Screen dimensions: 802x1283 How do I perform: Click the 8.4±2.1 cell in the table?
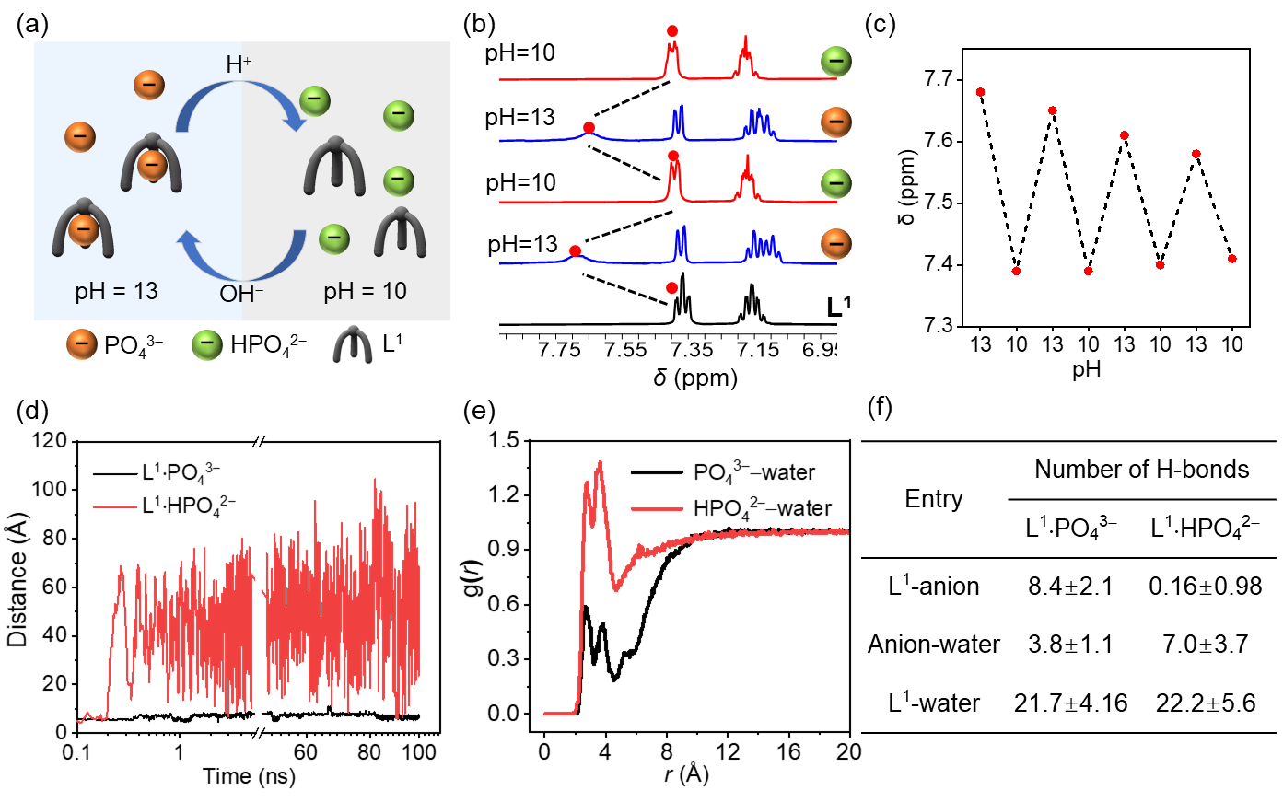[1070, 587]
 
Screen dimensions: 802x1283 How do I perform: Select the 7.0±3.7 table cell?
[1205, 645]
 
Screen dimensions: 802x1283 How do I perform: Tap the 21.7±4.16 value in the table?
[1070, 703]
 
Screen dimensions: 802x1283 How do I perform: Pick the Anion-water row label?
[933, 645]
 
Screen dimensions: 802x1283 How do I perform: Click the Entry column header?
[933, 499]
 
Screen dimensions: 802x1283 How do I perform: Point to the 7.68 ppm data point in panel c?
[980, 92]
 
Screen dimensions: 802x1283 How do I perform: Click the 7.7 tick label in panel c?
[941, 80]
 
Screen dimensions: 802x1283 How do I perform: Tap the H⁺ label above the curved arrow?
[239, 64]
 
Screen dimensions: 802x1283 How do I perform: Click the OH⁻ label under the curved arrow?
[241, 295]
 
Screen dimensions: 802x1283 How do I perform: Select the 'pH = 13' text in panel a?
[116, 292]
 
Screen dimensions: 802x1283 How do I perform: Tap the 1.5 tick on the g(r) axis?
[505, 440]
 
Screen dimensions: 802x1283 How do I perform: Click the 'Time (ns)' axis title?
[249, 776]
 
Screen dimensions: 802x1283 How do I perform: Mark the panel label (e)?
[480, 409]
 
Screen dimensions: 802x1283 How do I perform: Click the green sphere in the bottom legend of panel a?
[207, 345]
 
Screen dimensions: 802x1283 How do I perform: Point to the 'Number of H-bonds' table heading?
[1141, 470]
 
